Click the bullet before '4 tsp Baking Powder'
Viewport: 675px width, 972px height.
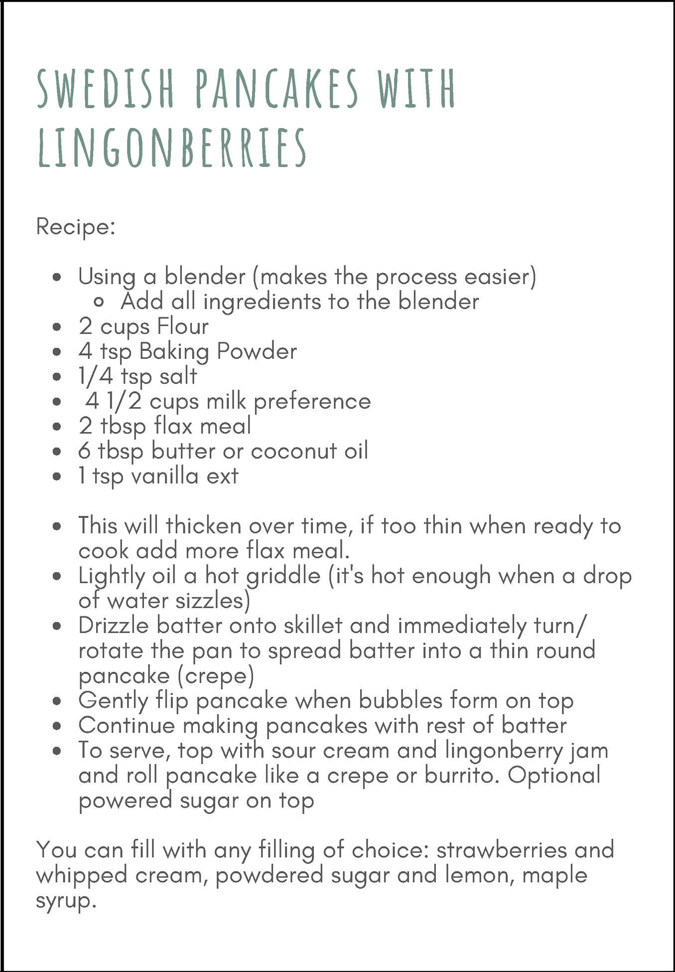coord(57,352)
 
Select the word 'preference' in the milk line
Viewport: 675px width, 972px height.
coord(312,402)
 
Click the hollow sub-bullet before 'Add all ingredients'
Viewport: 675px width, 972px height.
coord(99,302)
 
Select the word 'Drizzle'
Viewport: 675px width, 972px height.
coord(114,626)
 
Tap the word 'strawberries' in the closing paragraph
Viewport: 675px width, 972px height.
coord(502,850)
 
